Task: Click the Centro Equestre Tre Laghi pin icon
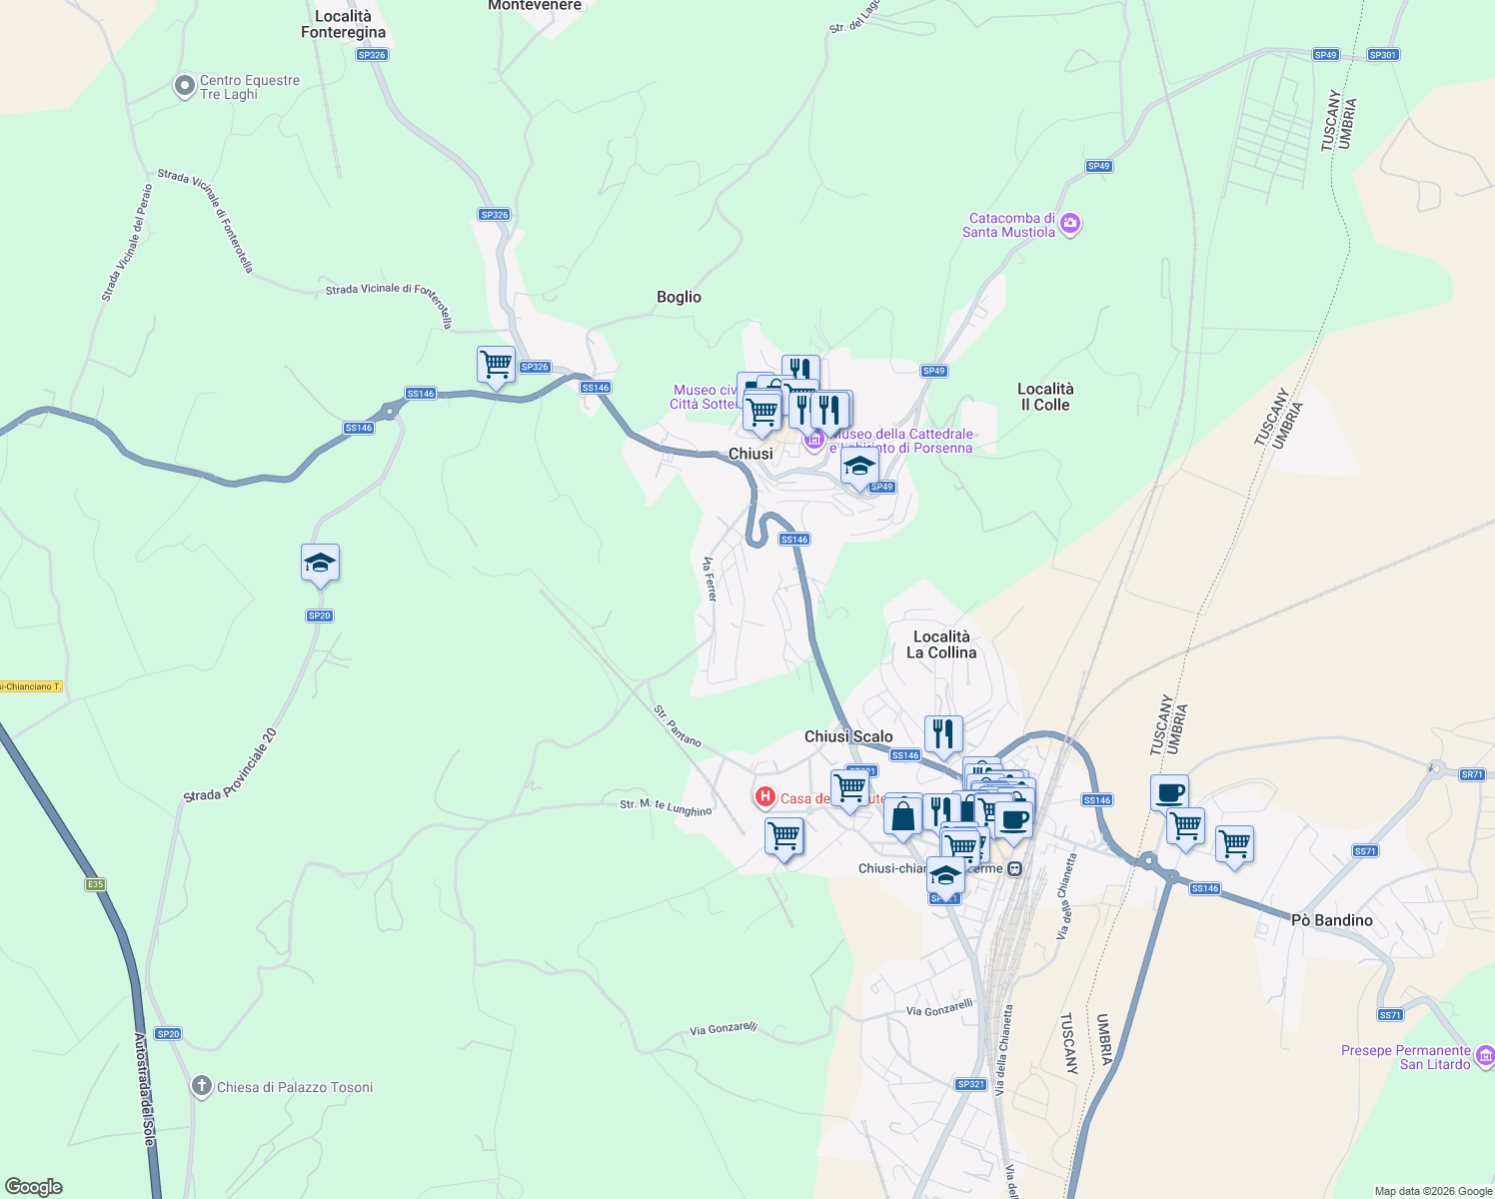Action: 184,87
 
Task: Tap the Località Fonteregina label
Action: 343,24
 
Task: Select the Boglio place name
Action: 679,297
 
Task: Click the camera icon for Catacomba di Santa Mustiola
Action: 1070,224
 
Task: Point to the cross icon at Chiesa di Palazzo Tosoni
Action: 202,1086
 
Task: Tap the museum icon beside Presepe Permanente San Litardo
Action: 1485,1056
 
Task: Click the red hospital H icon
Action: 764,796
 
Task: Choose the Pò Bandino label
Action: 1331,920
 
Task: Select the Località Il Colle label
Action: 1045,397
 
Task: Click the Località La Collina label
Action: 941,644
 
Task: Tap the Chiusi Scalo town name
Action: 848,736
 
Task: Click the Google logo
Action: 34,1187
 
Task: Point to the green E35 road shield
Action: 95,884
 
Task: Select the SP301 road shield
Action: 1383,55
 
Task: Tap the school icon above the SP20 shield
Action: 320,564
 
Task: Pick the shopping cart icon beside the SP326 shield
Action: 496,365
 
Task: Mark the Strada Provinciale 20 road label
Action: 230,765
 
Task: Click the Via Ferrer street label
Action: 710,580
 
